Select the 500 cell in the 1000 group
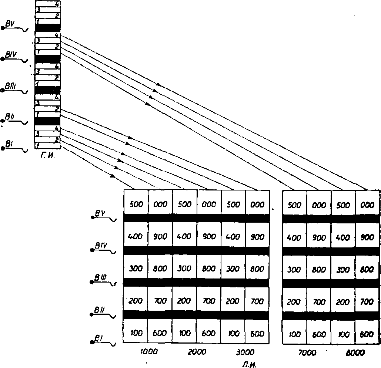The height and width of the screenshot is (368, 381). pyautogui.click(x=136, y=204)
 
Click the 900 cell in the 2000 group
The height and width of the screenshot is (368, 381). pyautogui.click(x=208, y=236)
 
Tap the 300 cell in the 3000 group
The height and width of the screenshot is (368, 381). pyautogui.click(x=233, y=269)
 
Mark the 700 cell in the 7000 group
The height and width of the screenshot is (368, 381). pyautogui.click(x=318, y=302)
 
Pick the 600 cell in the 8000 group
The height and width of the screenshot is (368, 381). pyautogui.click(x=367, y=334)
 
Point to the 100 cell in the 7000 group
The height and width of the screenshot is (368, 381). pyautogui.click(x=294, y=334)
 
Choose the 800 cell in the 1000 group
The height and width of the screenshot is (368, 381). pyautogui.click(x=160, y=269)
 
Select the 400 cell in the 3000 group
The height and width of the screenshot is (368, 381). pyautogui.click(x=233, y=236)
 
